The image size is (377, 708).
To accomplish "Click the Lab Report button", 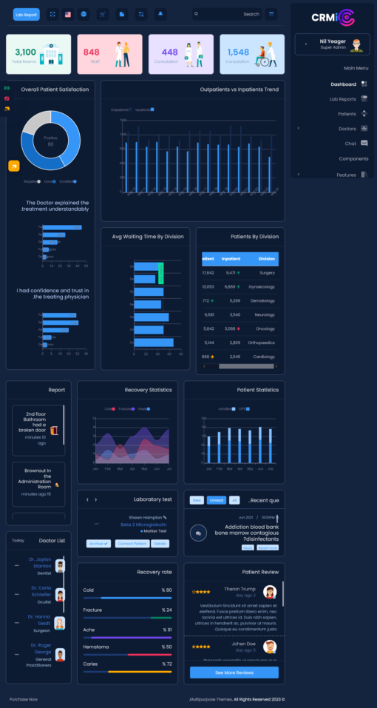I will [x=26, y=14].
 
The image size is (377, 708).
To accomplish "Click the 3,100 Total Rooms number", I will [x=25, y=52].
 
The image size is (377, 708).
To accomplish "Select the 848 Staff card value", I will [x=91, y=53].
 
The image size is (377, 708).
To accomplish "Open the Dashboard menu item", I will [x=343, y=84].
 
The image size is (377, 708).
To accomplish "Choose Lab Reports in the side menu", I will [x=342, y=99].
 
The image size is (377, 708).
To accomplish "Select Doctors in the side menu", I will [x=347, y=129].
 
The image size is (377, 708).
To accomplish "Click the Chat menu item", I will [x=350, y=144].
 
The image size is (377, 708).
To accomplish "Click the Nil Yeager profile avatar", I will [x=357, y=44].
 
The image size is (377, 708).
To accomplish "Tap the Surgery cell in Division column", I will [x=267, y=272].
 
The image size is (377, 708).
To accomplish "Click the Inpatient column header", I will [x=231, y=259].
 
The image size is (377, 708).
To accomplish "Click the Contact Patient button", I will [x=130, y=544].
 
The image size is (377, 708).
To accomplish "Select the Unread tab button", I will [x=216, y=500].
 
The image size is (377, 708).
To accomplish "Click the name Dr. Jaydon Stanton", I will [x=40, y=563].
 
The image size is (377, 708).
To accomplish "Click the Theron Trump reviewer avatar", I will [x=270, y=592].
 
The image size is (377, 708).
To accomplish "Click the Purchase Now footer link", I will [x=24, y=698].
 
